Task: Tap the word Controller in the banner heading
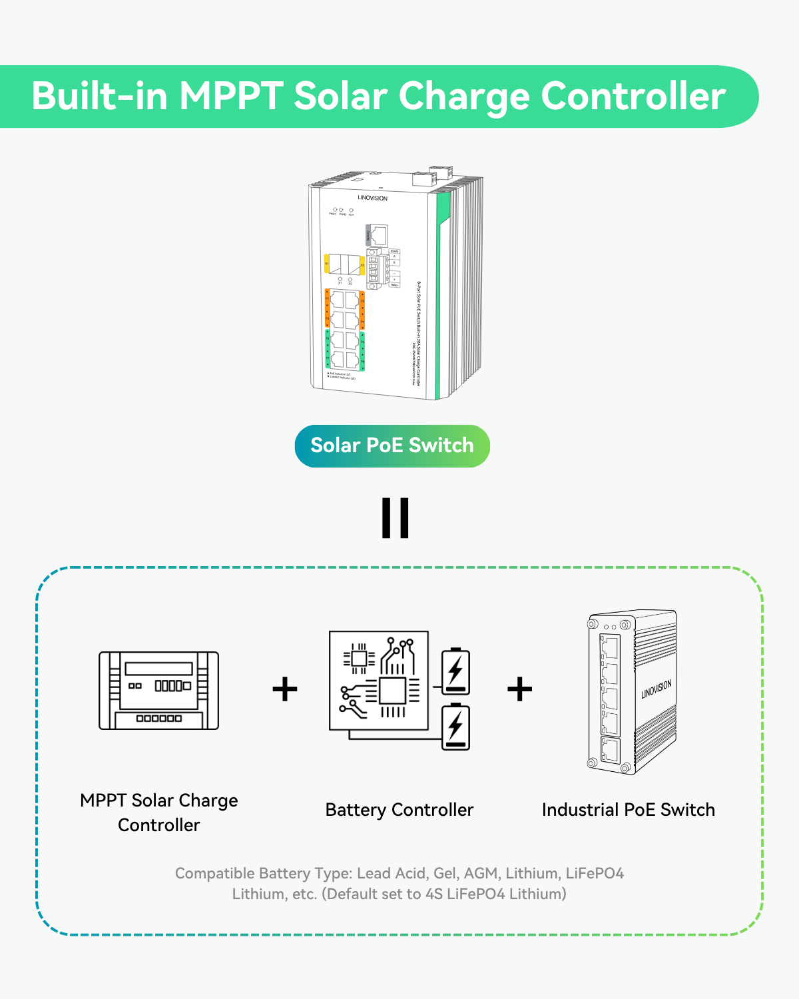tap(633, 96)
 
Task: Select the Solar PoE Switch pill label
tap(392, 446)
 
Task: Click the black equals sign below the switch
tap(396, 517)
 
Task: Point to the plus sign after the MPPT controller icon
tap(285, 689)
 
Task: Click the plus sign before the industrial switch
tap(519, 689)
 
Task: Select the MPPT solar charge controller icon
tap(158, 691)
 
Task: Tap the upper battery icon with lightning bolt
tap(455, 671)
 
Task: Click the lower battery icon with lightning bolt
tap(455, 727)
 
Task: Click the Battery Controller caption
tap(400, 810)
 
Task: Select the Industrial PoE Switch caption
tap(629, 810)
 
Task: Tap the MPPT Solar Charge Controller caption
tap(158, 813)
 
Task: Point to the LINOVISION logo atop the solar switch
tap(372, 198)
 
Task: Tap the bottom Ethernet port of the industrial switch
tap(609, 751)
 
